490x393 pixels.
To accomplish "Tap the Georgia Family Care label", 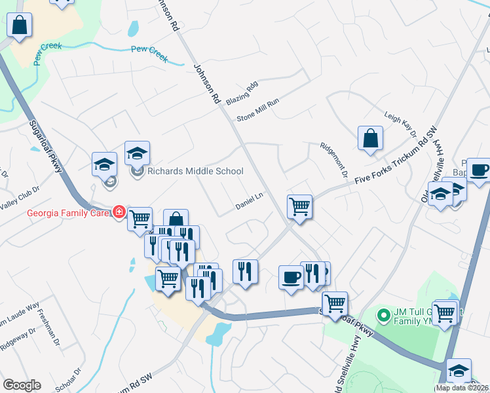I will coord(68,212).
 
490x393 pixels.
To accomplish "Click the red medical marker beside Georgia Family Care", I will coord(119,212).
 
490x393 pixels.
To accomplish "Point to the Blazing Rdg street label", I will coord(242,94).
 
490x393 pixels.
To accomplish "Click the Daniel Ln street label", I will coord(249,201).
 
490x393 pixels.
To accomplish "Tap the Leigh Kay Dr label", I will coord(401,124).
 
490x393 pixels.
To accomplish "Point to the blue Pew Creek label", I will coord(149,50).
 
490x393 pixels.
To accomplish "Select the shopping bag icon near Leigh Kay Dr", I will coord(370,138).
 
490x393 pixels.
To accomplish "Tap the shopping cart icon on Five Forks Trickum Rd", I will coord(299,206).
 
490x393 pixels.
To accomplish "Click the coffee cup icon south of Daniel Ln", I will coord(291,277).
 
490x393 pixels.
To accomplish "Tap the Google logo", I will coord(22,385).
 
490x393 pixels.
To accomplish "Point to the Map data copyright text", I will coord(462,388).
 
